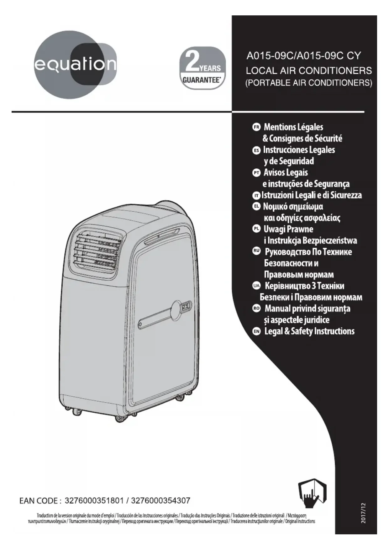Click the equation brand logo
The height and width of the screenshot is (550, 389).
(x=75, y=65)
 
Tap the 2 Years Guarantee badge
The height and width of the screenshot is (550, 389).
(x=202, y=68)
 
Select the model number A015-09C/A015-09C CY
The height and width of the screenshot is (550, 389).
(x=303, y=56)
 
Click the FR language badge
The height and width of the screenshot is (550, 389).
(x=256, y=127)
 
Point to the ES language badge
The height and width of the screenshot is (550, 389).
(x=256, y=150)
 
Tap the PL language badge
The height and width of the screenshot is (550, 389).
(x=256, y=229)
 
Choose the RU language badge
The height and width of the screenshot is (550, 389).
(x=256, y=251)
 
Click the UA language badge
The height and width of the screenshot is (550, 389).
(x=256, y=285)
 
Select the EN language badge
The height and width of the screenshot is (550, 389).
(x=256, y=331)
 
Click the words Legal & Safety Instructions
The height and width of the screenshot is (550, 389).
(x=309, y=331)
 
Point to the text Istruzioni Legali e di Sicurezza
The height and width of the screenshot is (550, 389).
(x=312, y=195)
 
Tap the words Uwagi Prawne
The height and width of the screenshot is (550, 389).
(x=288, y=229)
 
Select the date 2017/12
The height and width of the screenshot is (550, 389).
(x=363, y=513)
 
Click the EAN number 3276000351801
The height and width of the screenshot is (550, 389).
(x=94, y=500)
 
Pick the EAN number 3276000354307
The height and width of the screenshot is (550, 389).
(x=160, y=500)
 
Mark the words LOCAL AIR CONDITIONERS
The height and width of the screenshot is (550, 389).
(x=309, y=70)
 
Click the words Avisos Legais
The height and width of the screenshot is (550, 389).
(x=286, y=172)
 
